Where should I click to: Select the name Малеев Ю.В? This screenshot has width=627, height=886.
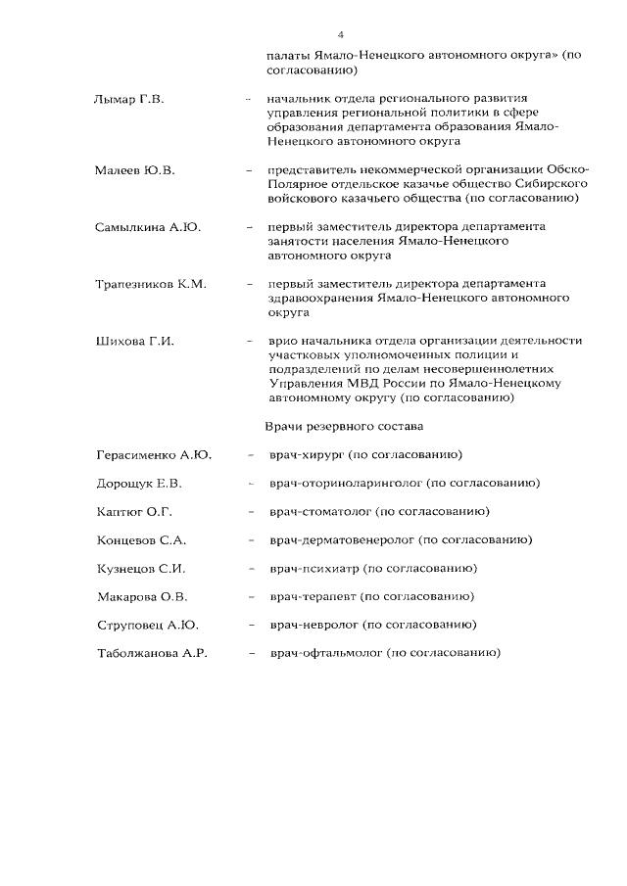pos(134,170)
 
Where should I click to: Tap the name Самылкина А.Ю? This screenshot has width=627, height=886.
pos(148,227)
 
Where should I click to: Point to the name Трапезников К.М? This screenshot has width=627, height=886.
pos(150,284)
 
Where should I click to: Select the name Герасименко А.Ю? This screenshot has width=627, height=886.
pos(155,455)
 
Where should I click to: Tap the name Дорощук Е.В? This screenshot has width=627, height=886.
pos(140,484)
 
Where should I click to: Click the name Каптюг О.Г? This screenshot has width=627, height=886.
pos(136,512)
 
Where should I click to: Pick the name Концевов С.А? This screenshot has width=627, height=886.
pos(142,540)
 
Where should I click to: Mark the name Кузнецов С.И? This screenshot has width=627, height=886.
pos(142,569)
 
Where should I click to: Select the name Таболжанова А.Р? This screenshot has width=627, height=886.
pos(152,653)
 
